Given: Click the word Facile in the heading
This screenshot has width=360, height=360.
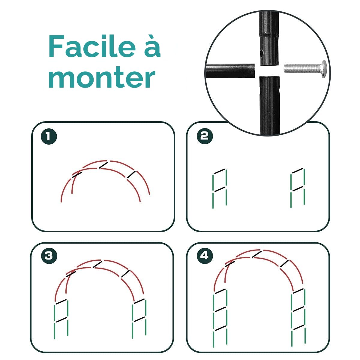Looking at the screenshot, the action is coord(92,46).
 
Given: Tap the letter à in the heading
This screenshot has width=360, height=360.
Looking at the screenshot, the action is coord(152,46).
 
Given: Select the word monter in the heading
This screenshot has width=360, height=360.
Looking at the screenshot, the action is coord(102,77).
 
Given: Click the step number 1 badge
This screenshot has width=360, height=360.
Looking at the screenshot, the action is coord(49,136).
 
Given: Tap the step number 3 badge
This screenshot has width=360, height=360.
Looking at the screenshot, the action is coord(49,256).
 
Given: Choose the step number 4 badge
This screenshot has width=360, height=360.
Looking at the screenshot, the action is coord(205,256).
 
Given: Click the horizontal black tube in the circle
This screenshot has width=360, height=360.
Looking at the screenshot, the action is coord(230,71).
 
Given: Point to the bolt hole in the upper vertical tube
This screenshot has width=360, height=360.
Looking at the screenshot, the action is coord(262,54).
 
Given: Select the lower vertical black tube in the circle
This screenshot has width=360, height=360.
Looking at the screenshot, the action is coord(270,106).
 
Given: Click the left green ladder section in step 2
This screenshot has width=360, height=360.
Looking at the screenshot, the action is coord(220,188).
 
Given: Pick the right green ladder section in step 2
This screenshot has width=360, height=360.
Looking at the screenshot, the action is coord(298,187).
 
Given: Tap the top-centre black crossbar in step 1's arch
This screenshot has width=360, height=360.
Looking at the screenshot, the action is coord(103,165).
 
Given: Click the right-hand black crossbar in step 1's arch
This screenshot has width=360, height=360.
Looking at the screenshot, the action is coord(131,175).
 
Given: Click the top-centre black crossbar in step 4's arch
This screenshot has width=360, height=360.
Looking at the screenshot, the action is coord(257,254).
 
